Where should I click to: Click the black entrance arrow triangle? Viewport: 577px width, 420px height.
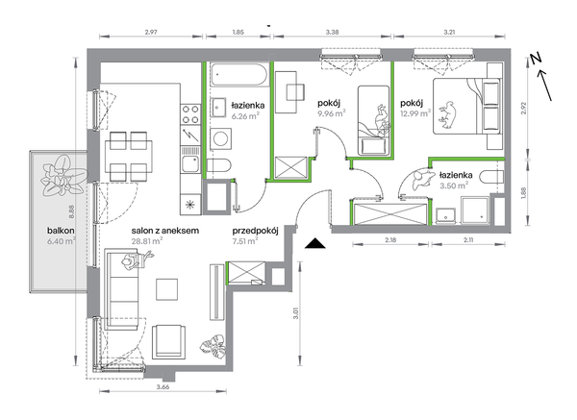click(315, 243)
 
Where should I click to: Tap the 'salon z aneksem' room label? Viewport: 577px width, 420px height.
click(165, 231)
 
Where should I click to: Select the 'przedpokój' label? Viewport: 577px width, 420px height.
click(255, 231)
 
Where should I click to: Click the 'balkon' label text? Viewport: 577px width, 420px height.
click(61, 231)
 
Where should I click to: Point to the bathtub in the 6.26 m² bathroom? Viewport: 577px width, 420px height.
click(238, 75)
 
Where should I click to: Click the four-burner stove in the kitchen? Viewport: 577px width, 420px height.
click(190, 114)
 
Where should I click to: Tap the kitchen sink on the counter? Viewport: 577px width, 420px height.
click(190, 163)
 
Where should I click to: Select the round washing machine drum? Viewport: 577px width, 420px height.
click(221, 139)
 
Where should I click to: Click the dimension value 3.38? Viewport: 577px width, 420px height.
click(333, 32)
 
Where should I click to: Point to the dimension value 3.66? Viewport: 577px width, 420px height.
click(163, 386)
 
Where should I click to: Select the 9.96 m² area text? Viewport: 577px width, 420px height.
click(331, 112)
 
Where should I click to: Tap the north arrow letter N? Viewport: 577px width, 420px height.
click(536, 58)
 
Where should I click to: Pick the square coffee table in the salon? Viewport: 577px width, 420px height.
click(166, 289)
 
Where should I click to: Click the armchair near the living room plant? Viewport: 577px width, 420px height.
click(168, 341)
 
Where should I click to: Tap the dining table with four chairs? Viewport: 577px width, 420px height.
click(128, 157)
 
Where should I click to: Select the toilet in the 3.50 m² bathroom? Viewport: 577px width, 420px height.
click(491, 178)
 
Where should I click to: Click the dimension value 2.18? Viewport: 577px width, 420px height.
click(390, 240)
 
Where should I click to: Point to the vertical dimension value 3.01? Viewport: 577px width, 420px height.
click(296, 313)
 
